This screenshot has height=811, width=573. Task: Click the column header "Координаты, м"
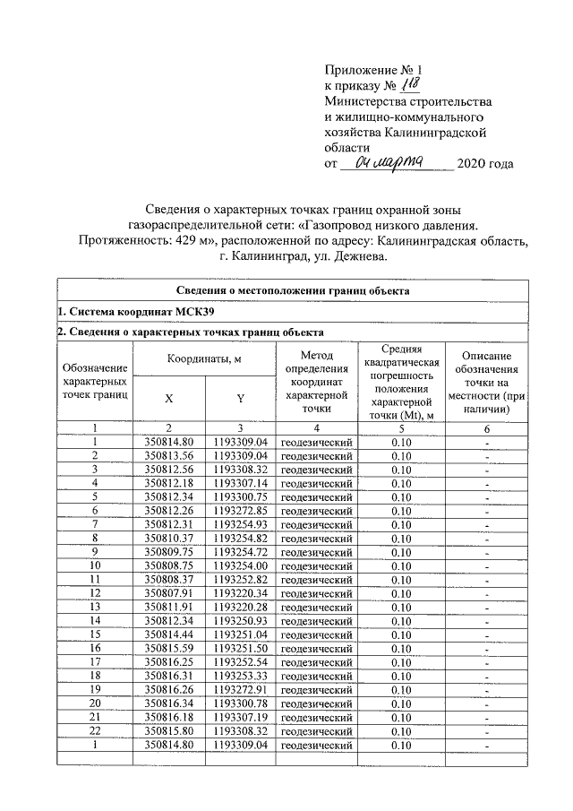pos(205,358)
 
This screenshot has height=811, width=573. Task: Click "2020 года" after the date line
pos(485,163)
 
